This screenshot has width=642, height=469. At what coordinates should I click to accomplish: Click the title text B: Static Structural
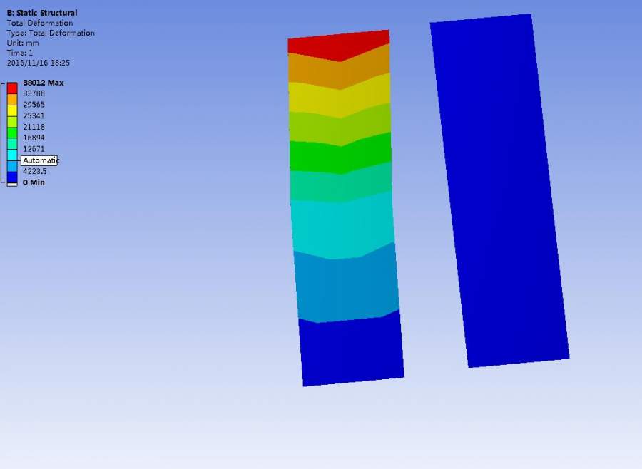point(42,13)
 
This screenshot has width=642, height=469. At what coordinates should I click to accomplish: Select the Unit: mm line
point(23,43)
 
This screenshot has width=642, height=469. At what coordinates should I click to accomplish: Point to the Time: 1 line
point(20,53)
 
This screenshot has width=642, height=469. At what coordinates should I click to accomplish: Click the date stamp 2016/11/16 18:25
point(38,63)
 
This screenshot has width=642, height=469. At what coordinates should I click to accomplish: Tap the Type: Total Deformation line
point(51,33)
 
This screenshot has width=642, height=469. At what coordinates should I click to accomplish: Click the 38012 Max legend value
point(44,83)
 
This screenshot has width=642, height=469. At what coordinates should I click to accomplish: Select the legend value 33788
point(34,93)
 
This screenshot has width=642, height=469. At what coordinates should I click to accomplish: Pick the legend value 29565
point(34,105)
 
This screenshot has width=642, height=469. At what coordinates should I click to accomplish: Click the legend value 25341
point(34,115)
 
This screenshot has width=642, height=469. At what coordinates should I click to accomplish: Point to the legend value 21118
point(34,127)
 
